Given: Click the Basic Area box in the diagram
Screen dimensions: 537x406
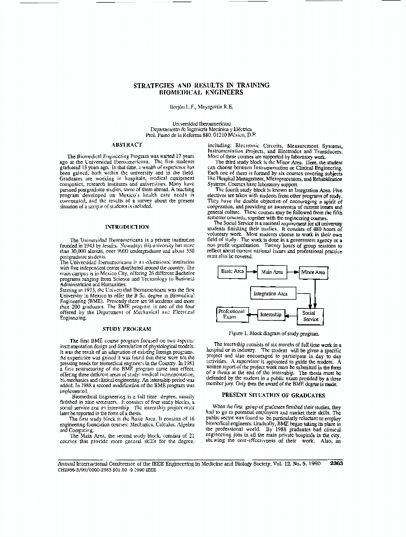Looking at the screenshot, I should point(232,272).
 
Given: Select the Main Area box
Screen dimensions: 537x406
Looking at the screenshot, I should point(272,272).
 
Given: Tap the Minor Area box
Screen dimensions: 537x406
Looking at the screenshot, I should point(313,272).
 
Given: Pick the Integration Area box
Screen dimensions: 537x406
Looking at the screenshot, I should point(270,294).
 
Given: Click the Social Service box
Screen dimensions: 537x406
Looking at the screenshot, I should point(310,316).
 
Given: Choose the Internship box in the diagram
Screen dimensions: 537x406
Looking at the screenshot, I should point(270,315).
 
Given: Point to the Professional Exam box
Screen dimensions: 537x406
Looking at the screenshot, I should point(230,314).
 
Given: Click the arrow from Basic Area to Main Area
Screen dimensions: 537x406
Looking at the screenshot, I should point(252,272).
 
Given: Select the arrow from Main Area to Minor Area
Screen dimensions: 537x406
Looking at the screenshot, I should point(293,272).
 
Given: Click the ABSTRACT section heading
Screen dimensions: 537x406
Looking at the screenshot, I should point(127,144).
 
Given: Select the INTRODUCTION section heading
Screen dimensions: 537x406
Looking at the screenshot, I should point(127,227).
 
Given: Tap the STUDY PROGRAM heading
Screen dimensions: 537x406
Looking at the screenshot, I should point(127,328).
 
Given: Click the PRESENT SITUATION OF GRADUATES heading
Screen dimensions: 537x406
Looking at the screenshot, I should point(273,395).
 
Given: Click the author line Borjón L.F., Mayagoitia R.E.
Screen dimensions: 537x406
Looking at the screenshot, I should point(202,106).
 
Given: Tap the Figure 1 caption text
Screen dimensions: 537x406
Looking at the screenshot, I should point(273,333).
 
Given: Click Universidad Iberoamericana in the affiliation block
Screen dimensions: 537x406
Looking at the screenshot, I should point(202,123).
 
